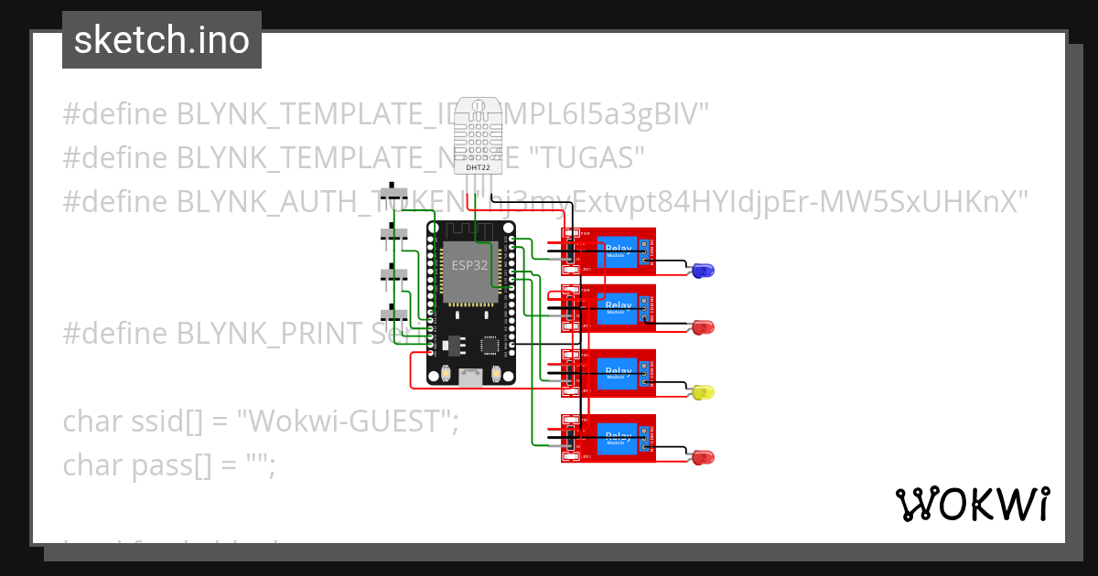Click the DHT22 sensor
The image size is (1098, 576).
(479, 137)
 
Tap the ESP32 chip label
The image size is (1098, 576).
(470, 266)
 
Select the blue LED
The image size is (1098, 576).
(703, 271)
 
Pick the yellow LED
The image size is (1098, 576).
(703, 392)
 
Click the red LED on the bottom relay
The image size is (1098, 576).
(703, 457)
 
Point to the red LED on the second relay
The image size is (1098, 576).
(703, 326)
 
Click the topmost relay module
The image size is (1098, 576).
(608, 251)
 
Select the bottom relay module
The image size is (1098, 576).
(608, 438)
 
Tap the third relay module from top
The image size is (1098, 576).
(608, 373)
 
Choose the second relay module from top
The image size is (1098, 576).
(608, 307)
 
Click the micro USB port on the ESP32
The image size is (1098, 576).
(470, 376)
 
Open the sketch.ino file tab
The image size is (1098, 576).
(162, 40)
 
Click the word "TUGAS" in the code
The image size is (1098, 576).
(583, 157)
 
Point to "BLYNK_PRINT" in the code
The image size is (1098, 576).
(269, 334)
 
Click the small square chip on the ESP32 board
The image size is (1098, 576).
(490, 346)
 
